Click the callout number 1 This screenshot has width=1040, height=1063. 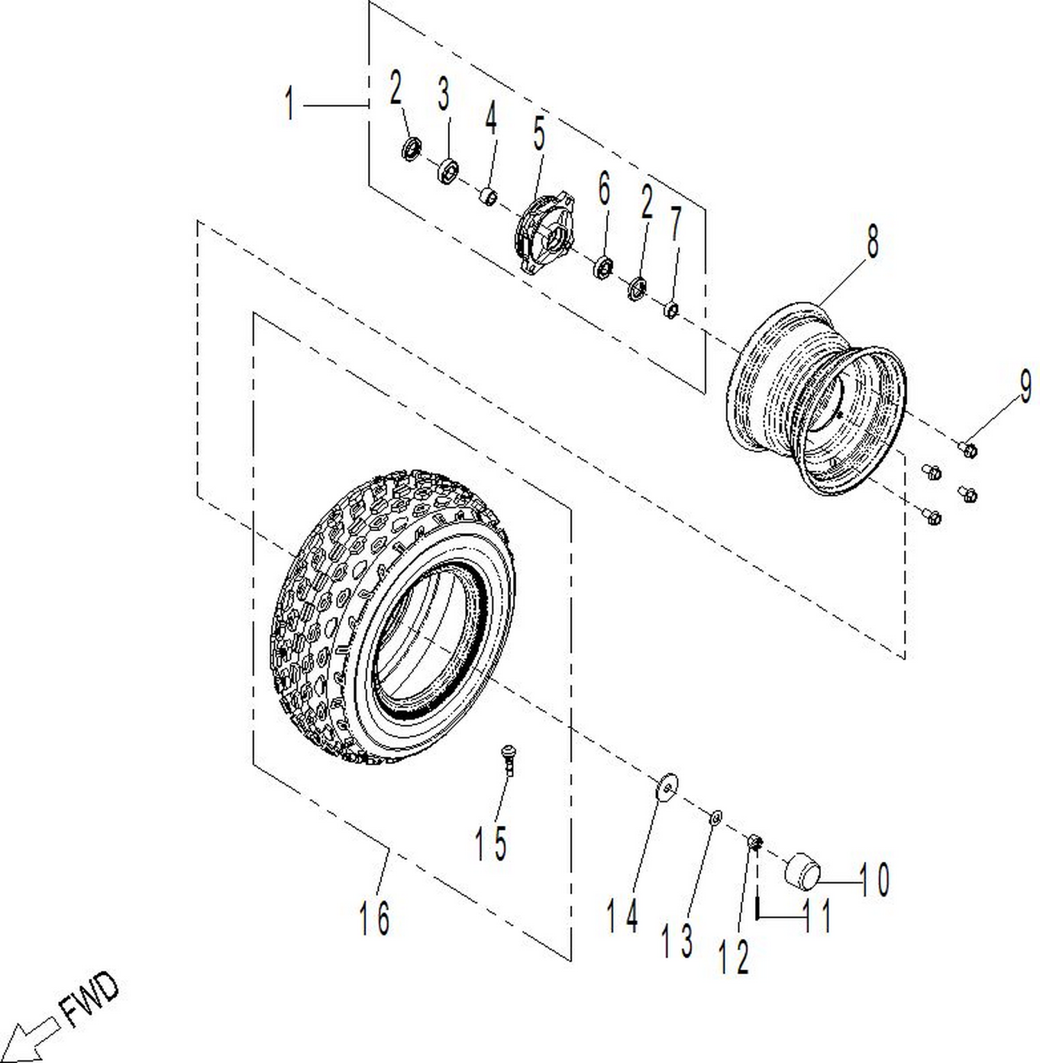coord(290,103)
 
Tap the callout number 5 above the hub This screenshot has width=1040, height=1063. coord(539,134)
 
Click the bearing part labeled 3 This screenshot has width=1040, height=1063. coord(449,171)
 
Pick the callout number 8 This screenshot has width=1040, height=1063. coord(872,241)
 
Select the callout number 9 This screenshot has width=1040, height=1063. coord(1025,386)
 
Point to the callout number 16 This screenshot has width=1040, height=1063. coord(374,917)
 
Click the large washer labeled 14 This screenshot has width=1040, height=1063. coord(668,786)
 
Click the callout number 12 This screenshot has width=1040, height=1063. coord(734,958)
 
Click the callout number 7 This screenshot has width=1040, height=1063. coord(675,223)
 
